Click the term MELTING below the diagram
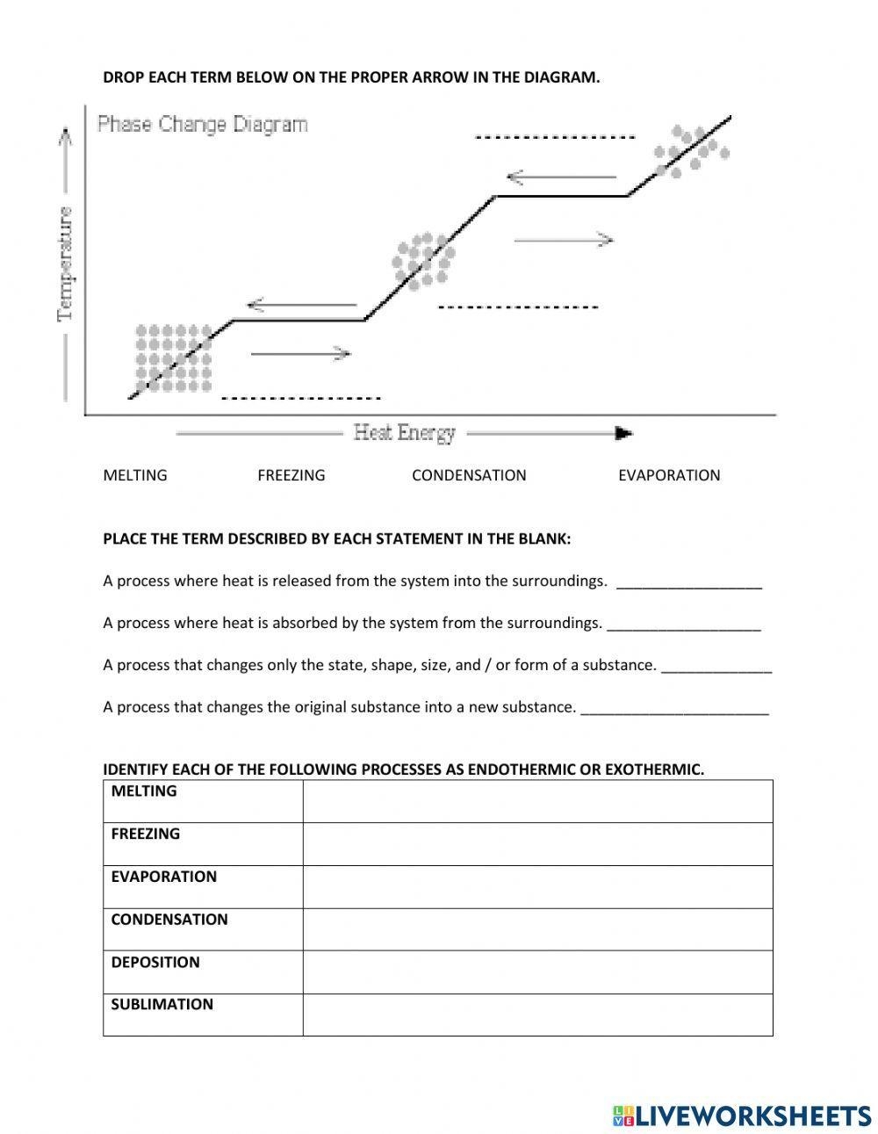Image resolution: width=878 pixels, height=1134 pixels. click(x=135, y=475)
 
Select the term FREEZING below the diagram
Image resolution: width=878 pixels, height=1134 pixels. click(x=291, y=475)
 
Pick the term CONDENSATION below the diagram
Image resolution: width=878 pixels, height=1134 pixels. click(x=469, y=475)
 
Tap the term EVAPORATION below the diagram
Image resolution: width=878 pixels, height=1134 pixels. click(x=669, y=475)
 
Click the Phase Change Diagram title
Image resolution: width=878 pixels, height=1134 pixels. click(x=203, y=124)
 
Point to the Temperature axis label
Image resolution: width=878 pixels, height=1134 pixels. click(x=66, y=264)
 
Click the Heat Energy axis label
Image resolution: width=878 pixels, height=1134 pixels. click(x=405, y=432)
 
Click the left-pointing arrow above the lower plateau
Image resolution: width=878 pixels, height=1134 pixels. click(x=303, y=306)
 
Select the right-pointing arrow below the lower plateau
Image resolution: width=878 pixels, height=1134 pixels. click(x=301, y=354)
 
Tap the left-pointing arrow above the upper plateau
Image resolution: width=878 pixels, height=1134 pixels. click(x=562, y=177)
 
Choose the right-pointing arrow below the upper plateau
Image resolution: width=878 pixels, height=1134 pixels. click(x=563, y=239)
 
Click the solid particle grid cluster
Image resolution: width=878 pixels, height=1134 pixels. click(x=173, y=358)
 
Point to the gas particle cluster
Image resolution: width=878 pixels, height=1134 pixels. click(x=692, y=151)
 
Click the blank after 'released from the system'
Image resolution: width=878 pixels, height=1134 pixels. click(x=689, y=582)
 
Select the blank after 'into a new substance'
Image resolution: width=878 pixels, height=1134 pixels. click(x=674, y=709)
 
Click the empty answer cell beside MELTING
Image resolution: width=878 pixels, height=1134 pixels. click(x=537, y=801)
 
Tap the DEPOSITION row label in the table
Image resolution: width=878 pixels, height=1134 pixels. click(x=155, y=963)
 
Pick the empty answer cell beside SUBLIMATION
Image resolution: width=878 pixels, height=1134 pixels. click(x=537, y=1015)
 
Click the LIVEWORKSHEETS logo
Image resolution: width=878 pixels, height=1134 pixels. click(x=742, y=1116)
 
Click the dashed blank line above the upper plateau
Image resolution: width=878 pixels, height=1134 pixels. click(x=554, y=138)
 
